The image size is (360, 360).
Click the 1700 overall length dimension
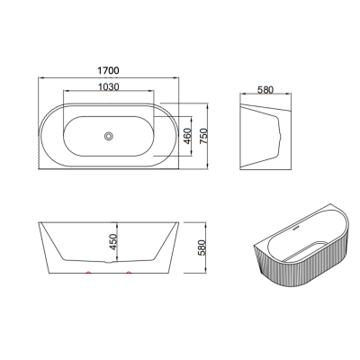click(108, 71)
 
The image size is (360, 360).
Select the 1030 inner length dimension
click(109, 87)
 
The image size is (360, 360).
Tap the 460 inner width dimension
click(187, 136)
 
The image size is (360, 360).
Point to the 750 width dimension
click(203, 136)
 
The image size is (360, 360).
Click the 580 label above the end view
click(265, 90)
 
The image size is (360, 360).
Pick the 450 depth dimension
click(112, 242)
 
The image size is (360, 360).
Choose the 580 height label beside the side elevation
click(203, 247)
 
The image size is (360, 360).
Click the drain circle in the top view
click(108, 136)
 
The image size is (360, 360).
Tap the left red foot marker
click(88, 272)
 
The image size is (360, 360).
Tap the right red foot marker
click(129, 272)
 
